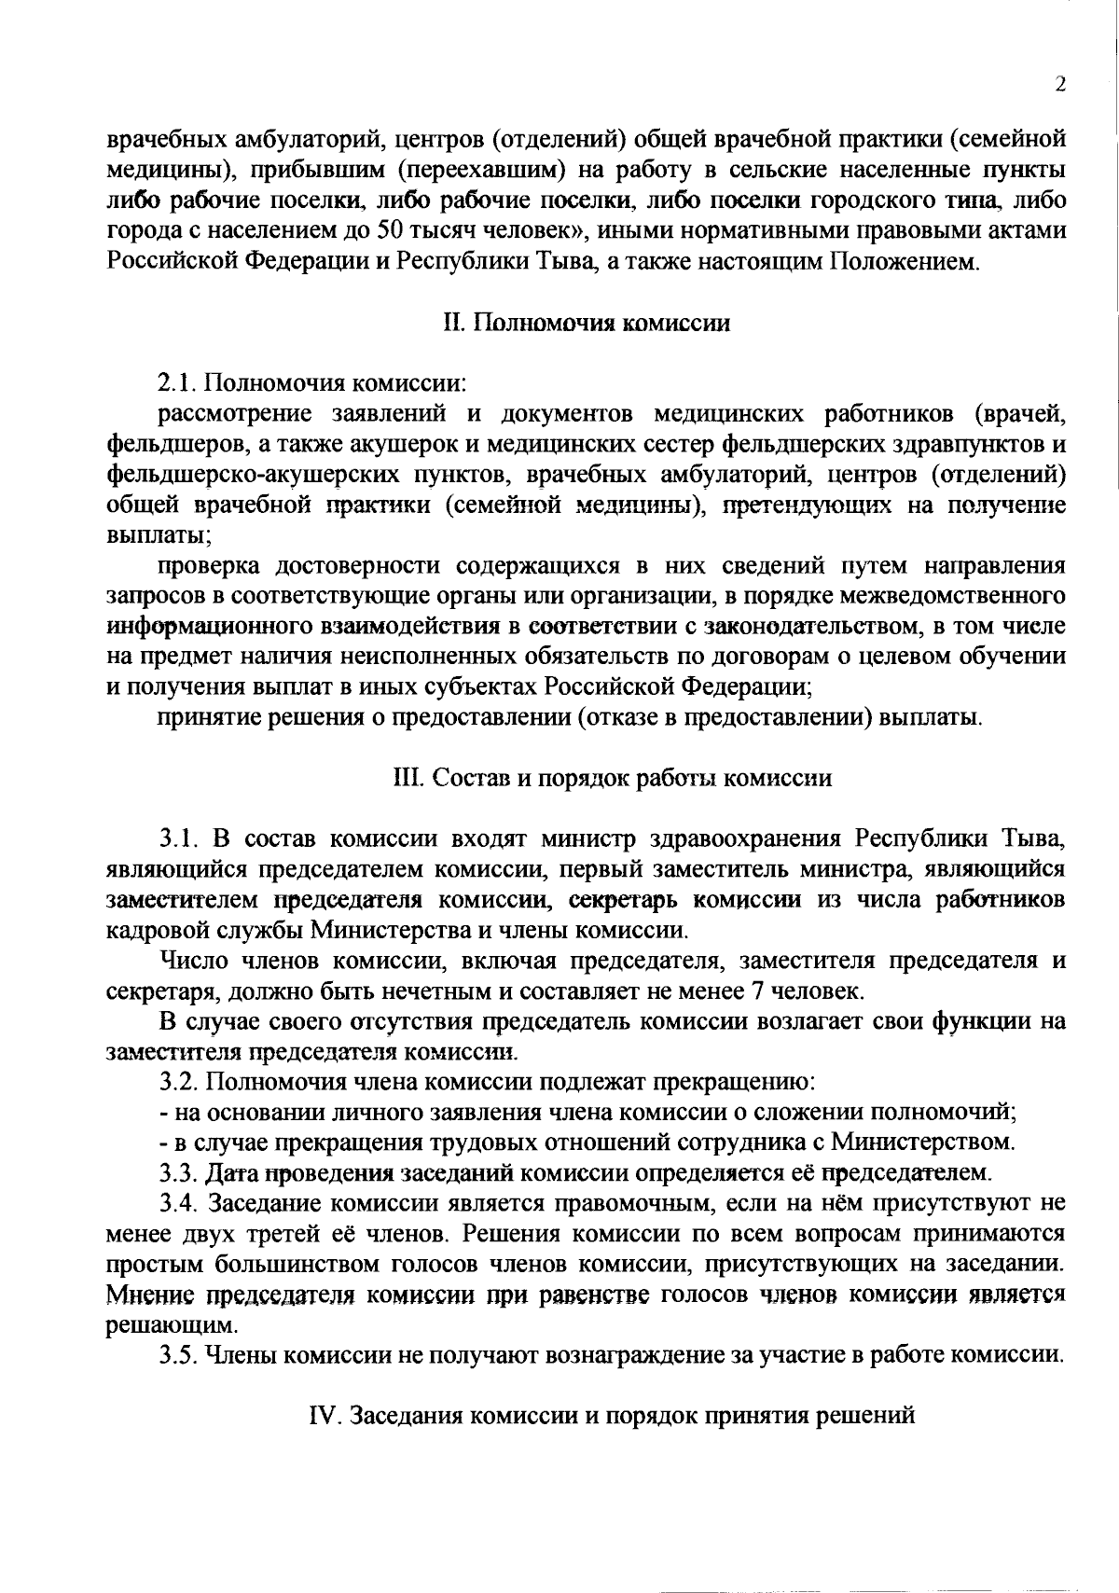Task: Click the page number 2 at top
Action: [1059, 85]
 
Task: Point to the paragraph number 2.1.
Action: [177, 383]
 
